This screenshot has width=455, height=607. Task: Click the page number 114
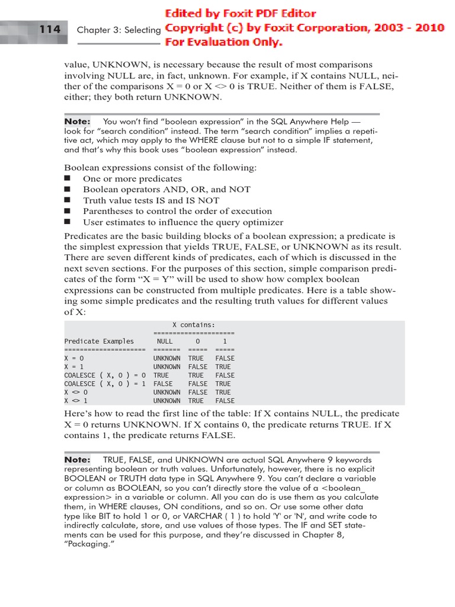coord(50,29)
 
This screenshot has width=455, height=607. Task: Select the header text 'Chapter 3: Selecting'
coord(118,30)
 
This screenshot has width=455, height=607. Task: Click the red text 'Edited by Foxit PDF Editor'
coord(241,14)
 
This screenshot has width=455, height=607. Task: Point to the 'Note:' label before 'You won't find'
coord(77,122)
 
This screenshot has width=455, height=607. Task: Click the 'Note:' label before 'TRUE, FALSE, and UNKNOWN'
coord(77,459)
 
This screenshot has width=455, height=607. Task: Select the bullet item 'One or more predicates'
coord(132,178)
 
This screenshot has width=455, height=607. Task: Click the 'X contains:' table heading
coord(194,325)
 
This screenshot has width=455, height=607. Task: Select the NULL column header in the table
coord(165,341)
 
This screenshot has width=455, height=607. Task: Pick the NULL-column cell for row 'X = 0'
coord(166,359)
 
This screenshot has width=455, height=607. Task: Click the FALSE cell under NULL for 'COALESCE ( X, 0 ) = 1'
coord(163,384)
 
